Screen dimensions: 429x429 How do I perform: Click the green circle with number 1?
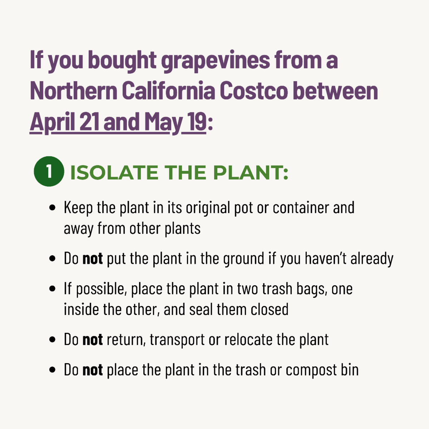[x=49, y=172]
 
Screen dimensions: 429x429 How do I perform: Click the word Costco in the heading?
[x=254, y=90]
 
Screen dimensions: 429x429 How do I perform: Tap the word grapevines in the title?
[x=216, y=61]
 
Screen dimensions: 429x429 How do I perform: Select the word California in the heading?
[x=168, y=90]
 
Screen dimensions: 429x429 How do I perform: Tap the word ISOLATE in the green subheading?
[x=114, y=173]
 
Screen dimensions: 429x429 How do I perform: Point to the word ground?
[x=244, y=259]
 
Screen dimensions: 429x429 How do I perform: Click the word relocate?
[x=248, y=340]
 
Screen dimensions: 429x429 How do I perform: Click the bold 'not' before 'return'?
[x=93, y=340]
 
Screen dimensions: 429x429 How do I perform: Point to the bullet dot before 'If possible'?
[x=52, y=289]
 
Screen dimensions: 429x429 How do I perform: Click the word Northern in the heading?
[x=74, y=90]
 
